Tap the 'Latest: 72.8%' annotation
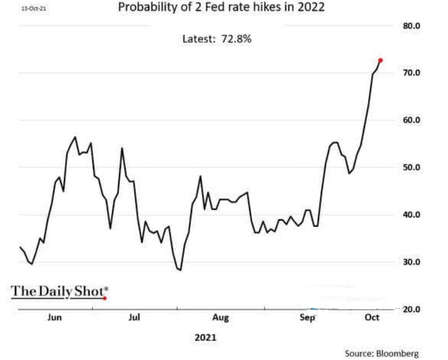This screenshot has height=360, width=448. click(x=216, y=38)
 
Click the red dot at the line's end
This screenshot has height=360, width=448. click(x=380, y=60)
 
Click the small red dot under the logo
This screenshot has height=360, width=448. click(x=105, y=298)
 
